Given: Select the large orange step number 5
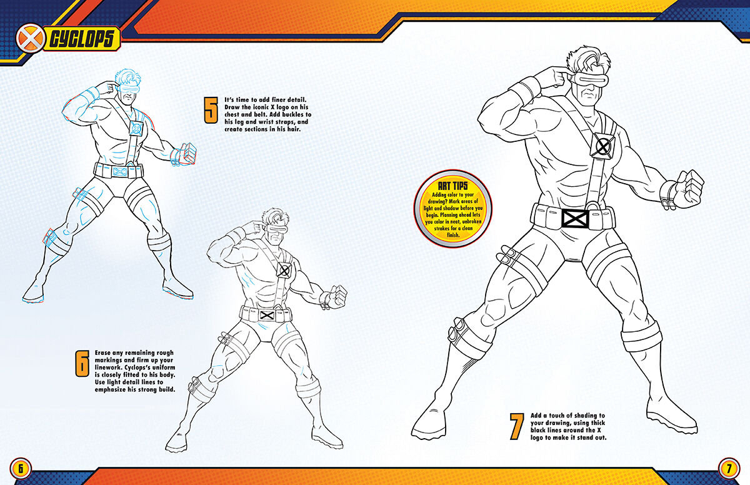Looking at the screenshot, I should pos(211,111).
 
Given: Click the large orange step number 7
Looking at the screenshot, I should pos(515,427).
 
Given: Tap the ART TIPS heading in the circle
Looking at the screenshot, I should pos(453,185).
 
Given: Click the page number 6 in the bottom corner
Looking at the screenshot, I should pos(20,468).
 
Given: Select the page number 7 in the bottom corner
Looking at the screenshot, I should pos(729,468).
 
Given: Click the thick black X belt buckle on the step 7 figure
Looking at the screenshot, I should pos(574,217).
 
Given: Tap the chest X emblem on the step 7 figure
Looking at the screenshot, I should pos(603,147).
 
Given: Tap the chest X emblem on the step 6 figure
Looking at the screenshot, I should pos(284,271).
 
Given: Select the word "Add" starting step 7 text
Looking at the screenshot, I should pos(539,416).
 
